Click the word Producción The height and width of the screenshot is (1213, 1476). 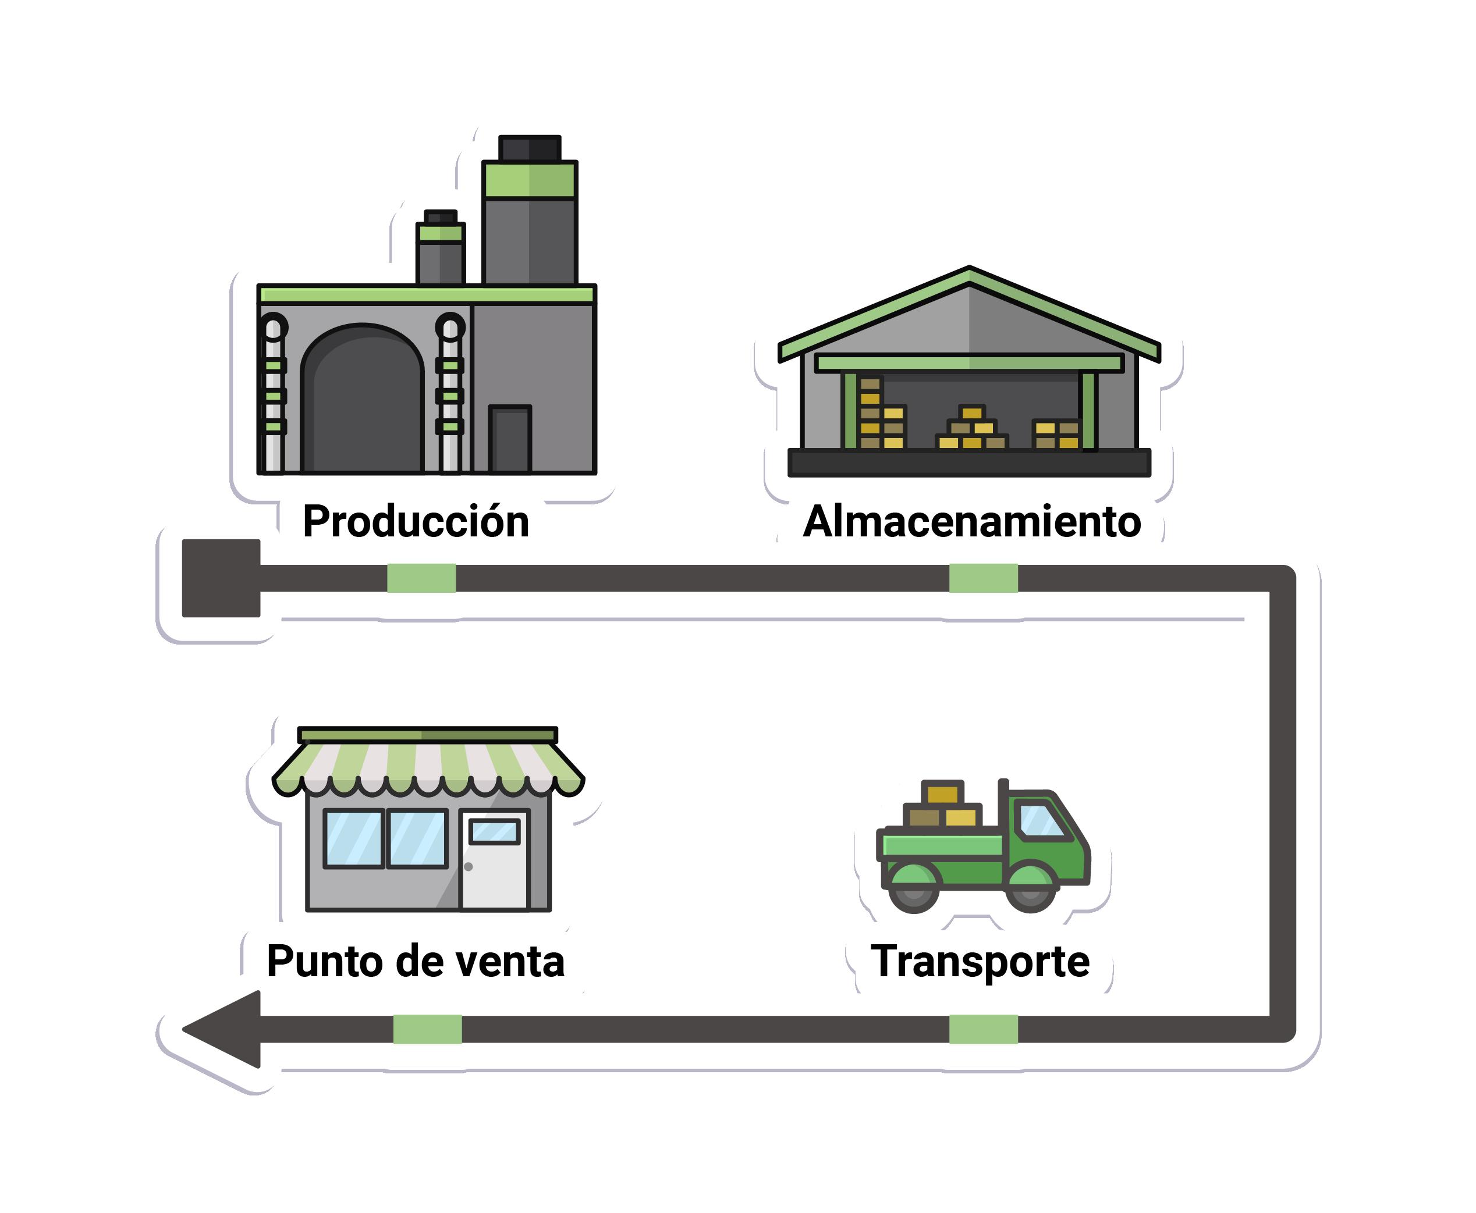pyautogui.click(x=416, y=522)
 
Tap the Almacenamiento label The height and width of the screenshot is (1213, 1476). pyautogui.click(x=971, y=522)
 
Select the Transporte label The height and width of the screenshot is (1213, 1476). pyautogui.click(x=980, y=962)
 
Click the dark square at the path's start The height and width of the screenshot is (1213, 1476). pyautogui.click(x=221, y=578)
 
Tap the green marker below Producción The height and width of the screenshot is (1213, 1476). pyautogui.click(x=421, y=578)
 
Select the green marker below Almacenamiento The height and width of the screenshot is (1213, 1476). pyautogui.click(x=983, y=578)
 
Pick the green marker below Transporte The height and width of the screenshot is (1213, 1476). pyautogui.click(x=983, y=1029)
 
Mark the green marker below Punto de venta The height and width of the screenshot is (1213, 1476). pyautogui.click(x=427, y=1029)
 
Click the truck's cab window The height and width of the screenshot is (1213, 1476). pyautogui.click(x=1041, y=820)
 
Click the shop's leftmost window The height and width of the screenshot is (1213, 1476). pyautogui.click(x=354, y=838)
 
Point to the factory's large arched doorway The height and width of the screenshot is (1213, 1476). pyautogui.click(x=362, y=405)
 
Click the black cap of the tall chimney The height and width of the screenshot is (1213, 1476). pyautogui.click(x=530, y=149)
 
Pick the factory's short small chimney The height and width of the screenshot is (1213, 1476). pyautogui.click(x=440, y=251)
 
